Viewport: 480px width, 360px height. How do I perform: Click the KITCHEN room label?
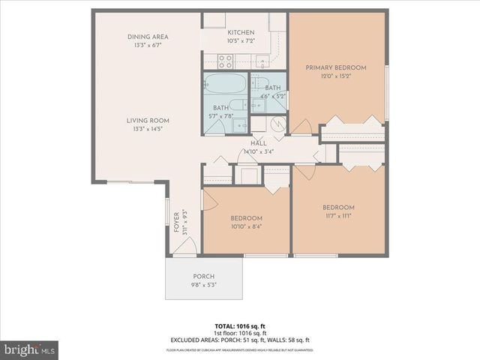pos(240,32)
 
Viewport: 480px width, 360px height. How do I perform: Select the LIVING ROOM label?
pos(148,121)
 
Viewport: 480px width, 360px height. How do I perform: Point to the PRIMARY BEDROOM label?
pos(335,68)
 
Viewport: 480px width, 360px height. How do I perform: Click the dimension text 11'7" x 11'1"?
pos(337,215)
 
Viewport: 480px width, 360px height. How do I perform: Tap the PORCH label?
pos(203,276)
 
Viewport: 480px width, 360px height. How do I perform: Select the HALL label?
pos(258,143)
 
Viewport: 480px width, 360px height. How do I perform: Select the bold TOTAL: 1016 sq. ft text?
pos(241,326)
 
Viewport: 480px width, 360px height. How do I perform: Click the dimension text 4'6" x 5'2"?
pos(272,96)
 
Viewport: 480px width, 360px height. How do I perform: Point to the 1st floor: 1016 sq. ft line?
pos(241,333)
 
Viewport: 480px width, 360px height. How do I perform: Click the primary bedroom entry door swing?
pos(301,127)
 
